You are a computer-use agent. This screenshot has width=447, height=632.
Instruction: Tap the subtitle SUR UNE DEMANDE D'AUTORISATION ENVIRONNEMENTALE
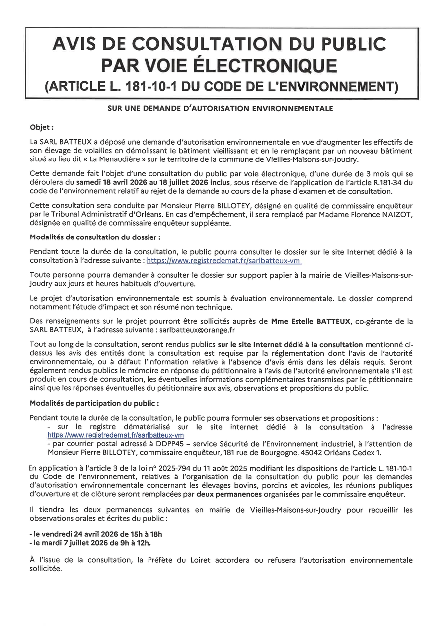(x=220, y=108)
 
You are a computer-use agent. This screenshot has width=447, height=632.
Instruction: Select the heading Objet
(x=42, y=127)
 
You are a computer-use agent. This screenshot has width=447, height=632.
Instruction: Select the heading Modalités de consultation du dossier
(x=95, y=237)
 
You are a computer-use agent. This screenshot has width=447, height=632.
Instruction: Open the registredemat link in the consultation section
(x=224, y=260)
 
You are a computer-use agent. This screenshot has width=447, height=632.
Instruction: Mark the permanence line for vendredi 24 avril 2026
(x=96, y=534)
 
